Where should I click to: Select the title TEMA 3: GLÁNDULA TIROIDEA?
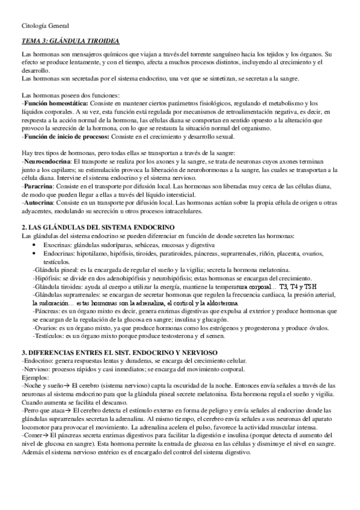click(x=70, y=41)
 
